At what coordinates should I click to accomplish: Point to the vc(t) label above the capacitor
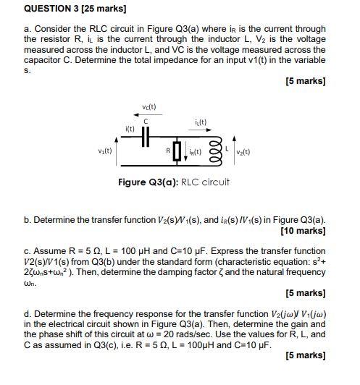[x=148, y=107]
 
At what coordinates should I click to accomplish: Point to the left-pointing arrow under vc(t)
[x=147, y=114]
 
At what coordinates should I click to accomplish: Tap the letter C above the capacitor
[x=146, y=120]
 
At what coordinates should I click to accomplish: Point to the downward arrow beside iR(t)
[x=184, y=151]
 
